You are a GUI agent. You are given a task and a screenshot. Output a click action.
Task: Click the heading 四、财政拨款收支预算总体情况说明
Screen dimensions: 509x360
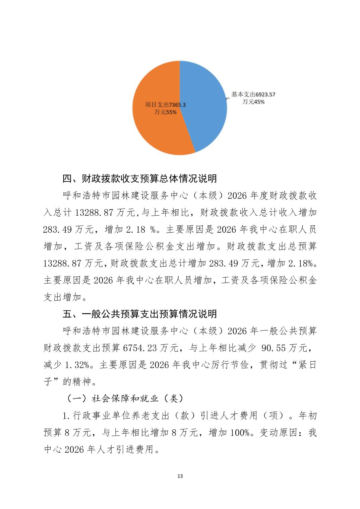point(140,178)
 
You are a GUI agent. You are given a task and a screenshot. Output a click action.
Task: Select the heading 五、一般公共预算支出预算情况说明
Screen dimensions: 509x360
point(140,314)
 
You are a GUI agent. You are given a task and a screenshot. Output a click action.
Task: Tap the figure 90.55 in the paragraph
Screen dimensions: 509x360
point(274,348)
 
